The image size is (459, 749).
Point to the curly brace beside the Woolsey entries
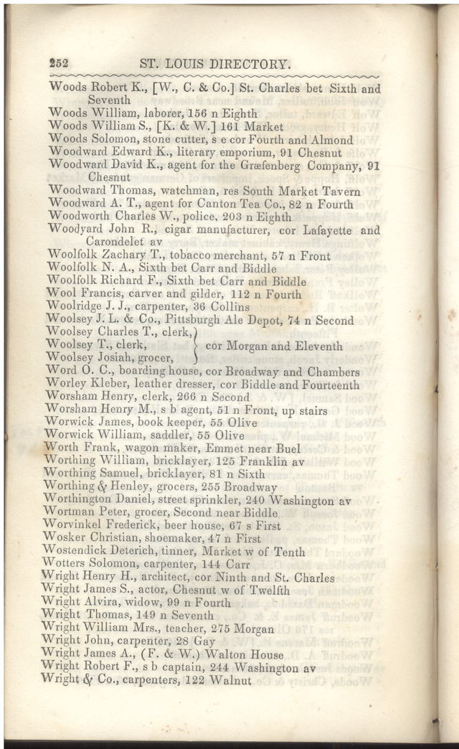(x=197, y=345)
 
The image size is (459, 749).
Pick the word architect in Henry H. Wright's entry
(x=187, y=578)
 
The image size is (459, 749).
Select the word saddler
(x=164, y=435)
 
